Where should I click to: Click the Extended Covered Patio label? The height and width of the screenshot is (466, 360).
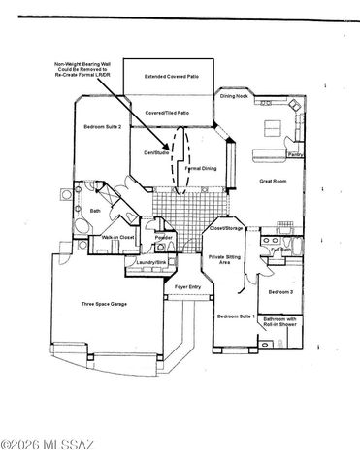172,75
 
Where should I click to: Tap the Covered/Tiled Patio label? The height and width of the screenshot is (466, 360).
167,113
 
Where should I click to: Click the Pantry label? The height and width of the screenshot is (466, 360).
294,154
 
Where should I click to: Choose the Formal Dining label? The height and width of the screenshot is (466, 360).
200,169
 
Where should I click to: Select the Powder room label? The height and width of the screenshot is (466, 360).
164,237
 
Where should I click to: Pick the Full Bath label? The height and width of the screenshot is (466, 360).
280,250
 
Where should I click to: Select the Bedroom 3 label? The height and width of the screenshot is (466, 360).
280,291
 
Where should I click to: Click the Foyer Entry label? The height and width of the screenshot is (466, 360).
187,288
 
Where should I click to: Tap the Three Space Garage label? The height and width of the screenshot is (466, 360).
100,304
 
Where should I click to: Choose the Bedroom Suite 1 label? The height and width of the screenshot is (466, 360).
235,316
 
